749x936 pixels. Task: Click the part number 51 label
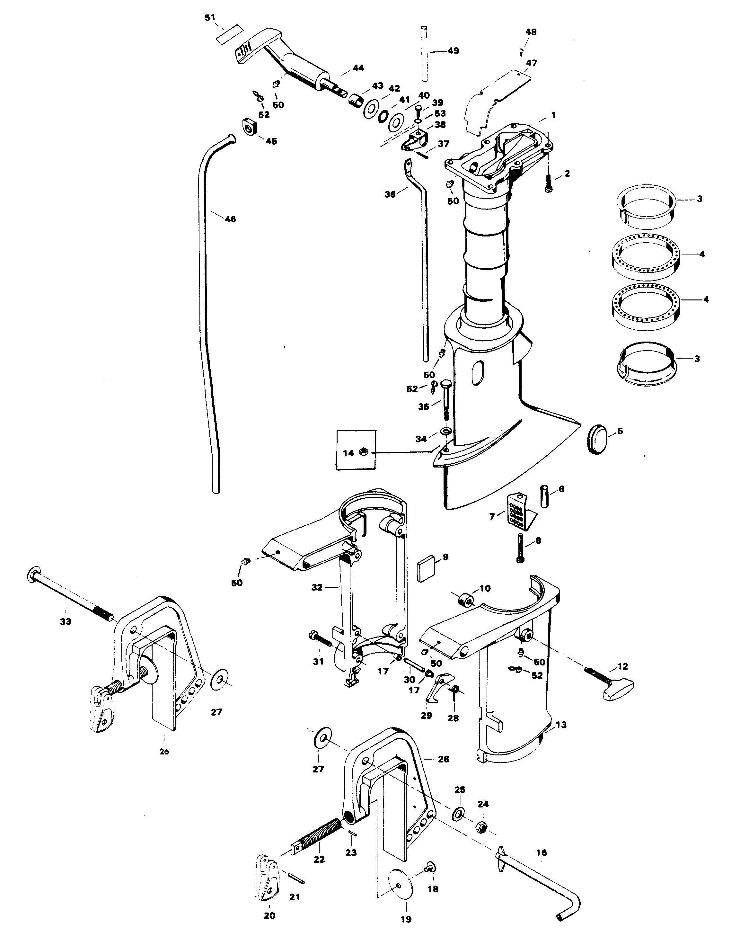point(210,18)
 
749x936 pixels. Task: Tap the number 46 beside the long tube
point(230,219)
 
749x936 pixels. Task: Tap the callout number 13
point(561,725)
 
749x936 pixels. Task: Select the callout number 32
point(317,587)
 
